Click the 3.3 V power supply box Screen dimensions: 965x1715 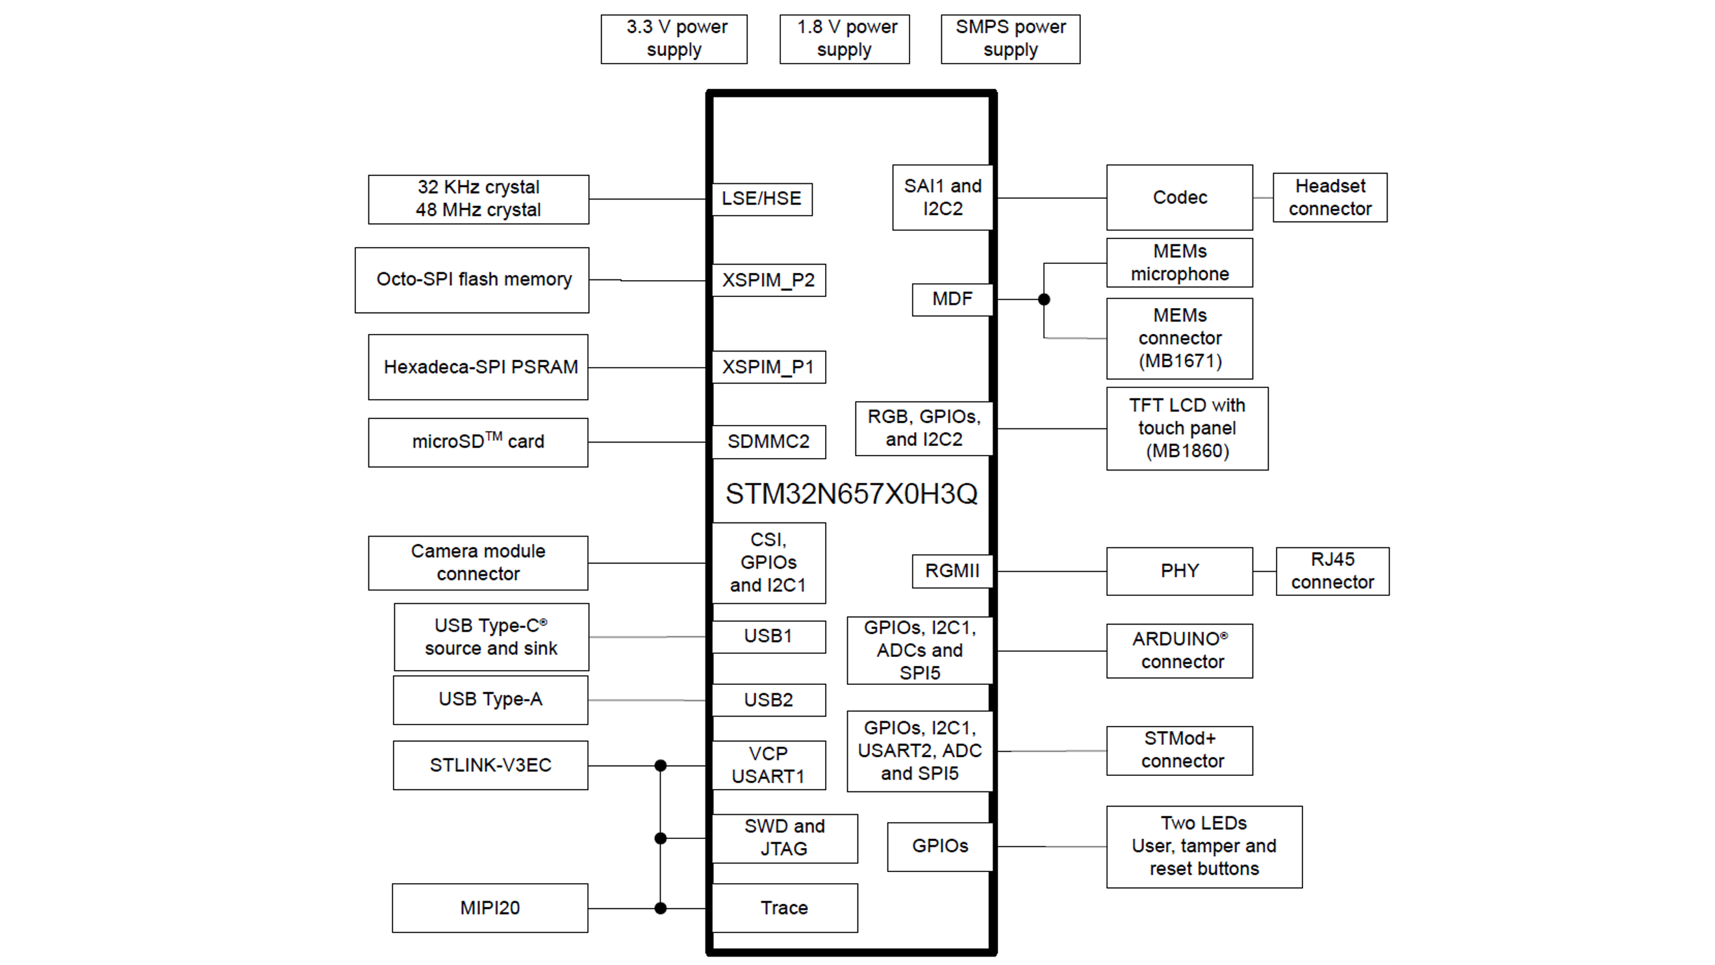(674, 39)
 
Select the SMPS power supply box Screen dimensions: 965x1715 (1010, 39)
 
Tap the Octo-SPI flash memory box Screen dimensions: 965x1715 (472, 279)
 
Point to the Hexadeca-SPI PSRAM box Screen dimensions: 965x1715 (478, 367)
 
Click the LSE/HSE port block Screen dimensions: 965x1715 (761, 199)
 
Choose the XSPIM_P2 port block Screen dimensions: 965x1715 (769, 280)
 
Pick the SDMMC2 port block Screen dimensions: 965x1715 (769, 441)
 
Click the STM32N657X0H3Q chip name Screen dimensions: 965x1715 (852, 494)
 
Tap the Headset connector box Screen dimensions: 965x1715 (1330, 198)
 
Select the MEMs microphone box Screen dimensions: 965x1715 (1179, 263)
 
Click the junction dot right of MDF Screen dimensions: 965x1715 (1044, 300)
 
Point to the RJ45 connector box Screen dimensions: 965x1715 (1332, 571)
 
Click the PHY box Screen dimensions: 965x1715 (1179, 571)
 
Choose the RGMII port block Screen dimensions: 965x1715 (952, 571)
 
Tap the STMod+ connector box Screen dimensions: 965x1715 (1179, 751)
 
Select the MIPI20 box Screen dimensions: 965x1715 (490, 908)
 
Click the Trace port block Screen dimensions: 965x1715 (784, 908)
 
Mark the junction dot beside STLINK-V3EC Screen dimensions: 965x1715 (661, 766)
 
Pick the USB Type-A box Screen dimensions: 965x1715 (490, 700)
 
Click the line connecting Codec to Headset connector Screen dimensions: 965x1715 (1263, 198)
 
